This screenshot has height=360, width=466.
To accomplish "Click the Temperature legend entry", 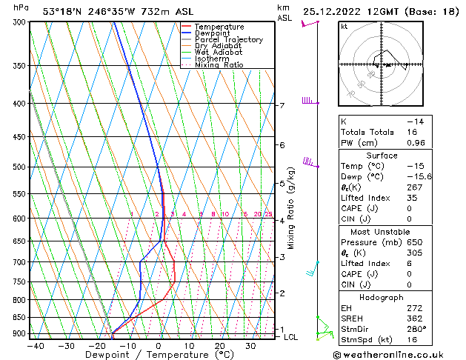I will [x=219, y=27].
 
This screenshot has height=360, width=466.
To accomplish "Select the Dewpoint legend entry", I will [x=215, y=33].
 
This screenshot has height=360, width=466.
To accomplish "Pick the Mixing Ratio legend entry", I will [x=219, y=65].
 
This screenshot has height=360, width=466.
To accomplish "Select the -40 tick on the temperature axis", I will [x=35, y=346].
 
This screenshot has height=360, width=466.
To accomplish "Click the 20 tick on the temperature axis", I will [x=220, y=346].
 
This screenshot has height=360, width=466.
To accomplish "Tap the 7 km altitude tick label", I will [x=282, y=106].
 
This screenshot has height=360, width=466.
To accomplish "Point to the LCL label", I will [x=291, y=337].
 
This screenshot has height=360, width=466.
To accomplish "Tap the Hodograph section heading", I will [x=382, y=296].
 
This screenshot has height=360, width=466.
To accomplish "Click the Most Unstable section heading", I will [x=382, y=232].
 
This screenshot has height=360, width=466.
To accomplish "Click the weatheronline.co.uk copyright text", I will [x=393, y=354].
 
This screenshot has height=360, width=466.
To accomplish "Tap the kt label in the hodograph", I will [x=344, y=27].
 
